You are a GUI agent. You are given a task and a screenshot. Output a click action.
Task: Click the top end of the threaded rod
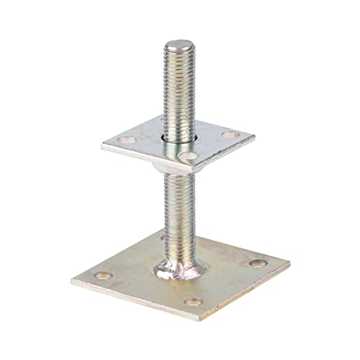pyautogui.click(x=176, y=45)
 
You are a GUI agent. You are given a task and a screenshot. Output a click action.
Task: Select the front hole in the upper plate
pyautogui.click(x=189, y=154)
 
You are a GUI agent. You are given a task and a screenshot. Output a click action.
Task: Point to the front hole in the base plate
pyautogui.click(x=192, y=301)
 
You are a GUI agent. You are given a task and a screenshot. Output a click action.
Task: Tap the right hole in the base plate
pyautogui.click(x=256, y=263)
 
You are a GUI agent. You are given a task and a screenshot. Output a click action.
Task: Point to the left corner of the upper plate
pyautogui.click(x=122, y=148)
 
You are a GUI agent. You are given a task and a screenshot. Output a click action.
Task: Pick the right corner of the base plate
pyautogui.click(x=289, y=260)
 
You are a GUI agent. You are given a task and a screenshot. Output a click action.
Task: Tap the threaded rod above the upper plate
pyautogui.click(x=176, y=86)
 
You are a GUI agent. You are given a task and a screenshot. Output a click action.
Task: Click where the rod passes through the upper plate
pyautogui.click(x=178, y=135)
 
